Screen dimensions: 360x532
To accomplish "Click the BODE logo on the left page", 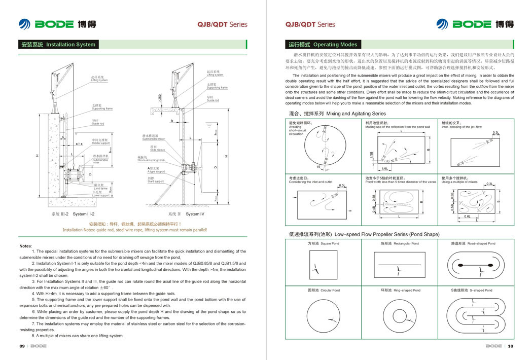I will tap(57, 24).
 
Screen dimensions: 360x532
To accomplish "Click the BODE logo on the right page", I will tap(475, 24).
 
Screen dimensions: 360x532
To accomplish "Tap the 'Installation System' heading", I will tap(58, 45).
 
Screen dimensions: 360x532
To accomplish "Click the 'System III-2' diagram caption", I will tap(73, 214).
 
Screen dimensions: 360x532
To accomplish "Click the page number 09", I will tap(22, 346).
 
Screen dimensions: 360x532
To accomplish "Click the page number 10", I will tap(510, 346).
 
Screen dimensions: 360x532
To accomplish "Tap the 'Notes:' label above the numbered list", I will tap(25, 246).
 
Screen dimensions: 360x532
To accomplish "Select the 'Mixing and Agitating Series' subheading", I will tap(337, 114).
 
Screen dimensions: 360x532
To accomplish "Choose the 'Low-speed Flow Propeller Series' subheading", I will tap(364, 234).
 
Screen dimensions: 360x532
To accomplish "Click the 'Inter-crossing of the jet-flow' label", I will tap(462, 127).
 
